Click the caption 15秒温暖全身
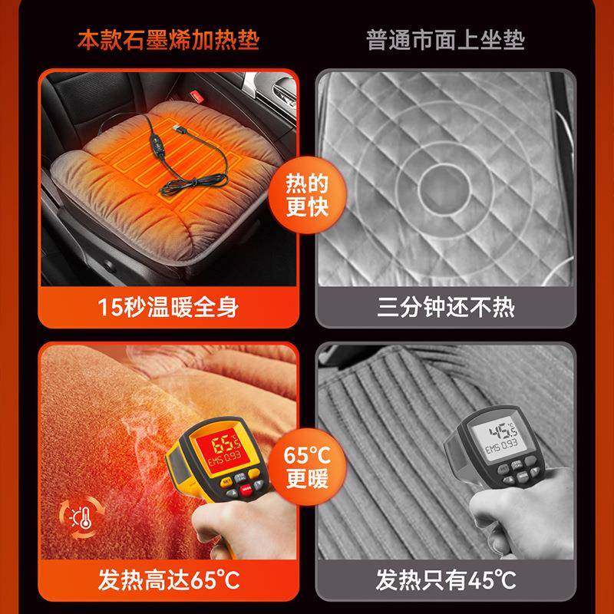pos(168,308)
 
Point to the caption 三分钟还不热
pos(446,308)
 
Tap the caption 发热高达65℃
pos(168,577)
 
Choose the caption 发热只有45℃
pos(446,577)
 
